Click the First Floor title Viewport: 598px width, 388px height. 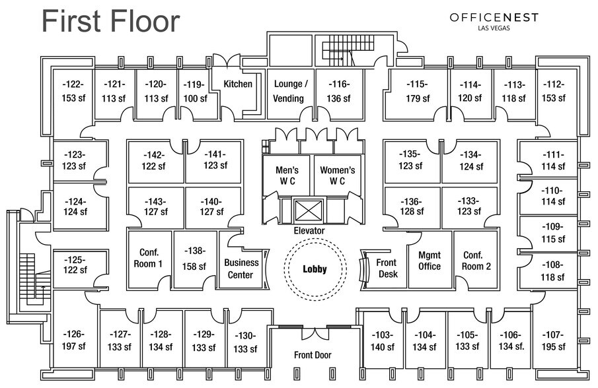(110, 21)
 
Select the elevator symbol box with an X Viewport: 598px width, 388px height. (309, 211)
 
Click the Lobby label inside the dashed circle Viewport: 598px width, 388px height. (315, 269)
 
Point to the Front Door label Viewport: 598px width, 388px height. (313, 355)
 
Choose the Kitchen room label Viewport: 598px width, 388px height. (238, 84)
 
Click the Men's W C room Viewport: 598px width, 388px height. (287, 175)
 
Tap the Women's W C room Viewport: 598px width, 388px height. (338, 175)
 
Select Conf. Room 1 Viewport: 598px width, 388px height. (151, 259)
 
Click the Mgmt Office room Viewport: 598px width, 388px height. (430, 261)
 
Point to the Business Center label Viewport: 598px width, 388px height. (241, 269)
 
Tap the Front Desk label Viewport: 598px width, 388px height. (387, 268)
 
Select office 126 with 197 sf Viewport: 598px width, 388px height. (74, 340)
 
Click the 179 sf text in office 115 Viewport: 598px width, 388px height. (418, 98)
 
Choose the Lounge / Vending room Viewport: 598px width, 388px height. (290, 91)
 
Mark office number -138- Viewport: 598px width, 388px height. (195, 251)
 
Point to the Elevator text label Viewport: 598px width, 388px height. (309, 231)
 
